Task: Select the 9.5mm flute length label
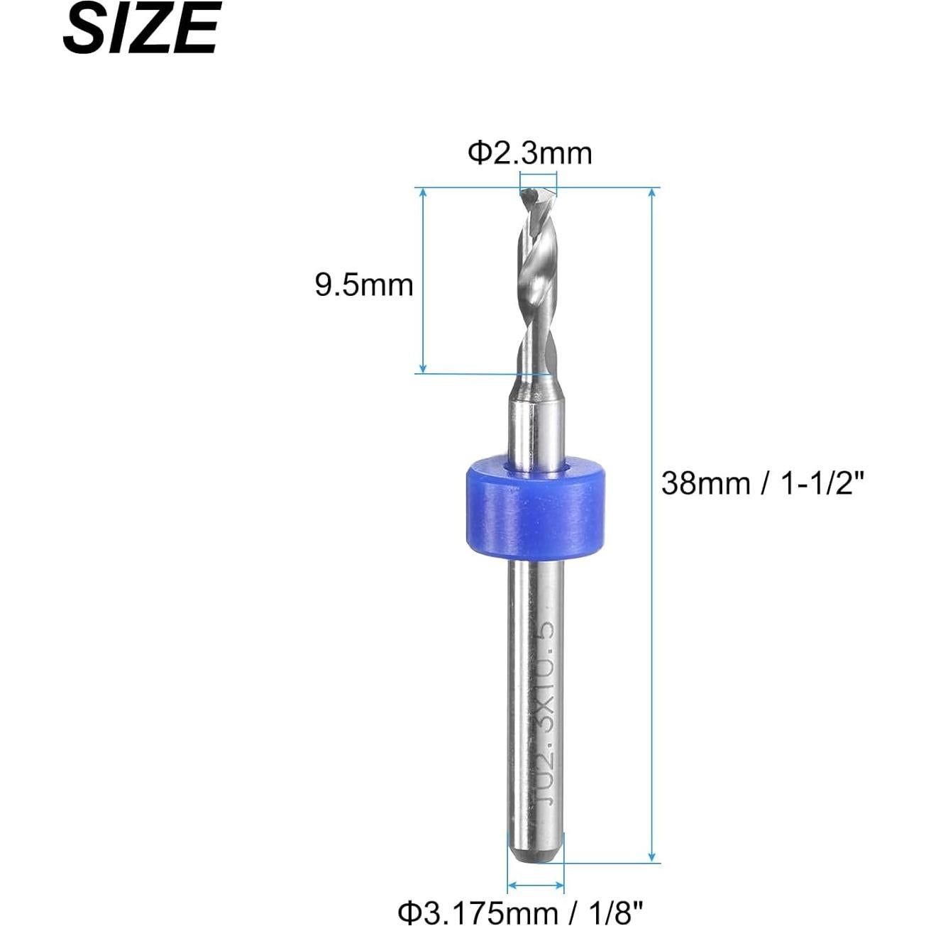[x=364, y=285]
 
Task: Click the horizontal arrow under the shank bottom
[x=536, y=886]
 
